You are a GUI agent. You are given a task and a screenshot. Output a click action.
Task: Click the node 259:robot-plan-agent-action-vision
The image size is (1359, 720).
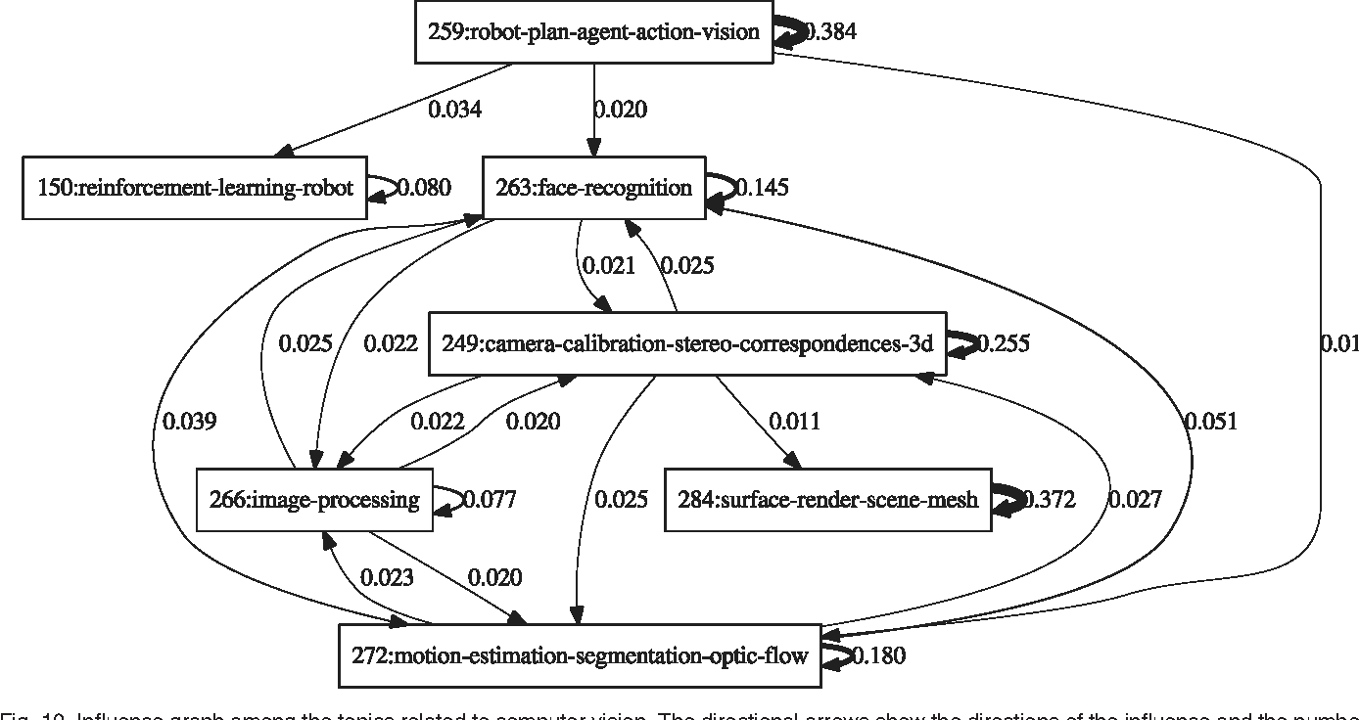click(x=593, y=32)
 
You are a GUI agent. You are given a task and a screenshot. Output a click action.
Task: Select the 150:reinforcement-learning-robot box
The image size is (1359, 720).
click(x=195, y=187)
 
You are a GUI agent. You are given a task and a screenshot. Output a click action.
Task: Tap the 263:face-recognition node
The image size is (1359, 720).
click(x=594, y=187)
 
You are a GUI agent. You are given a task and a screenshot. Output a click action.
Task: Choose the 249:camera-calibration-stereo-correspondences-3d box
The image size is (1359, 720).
click(x=687, y=343)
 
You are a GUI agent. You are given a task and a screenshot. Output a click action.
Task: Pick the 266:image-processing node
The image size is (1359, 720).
click(x=314, y=501)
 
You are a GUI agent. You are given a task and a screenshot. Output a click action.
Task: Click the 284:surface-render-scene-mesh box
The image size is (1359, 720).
click(x=828, y=501)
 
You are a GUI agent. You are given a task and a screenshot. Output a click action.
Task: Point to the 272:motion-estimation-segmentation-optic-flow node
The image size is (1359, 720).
click(x=581, y=656)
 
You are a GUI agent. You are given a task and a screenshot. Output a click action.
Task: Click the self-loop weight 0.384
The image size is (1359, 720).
click(x=831, y=32)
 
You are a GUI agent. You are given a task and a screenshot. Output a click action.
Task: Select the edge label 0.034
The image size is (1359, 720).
click(x=455, y=110)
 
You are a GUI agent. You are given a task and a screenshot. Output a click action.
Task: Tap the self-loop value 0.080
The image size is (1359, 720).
click(x=422, y=187)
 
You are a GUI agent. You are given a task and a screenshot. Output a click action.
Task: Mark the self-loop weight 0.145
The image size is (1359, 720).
click(x=762, y=187)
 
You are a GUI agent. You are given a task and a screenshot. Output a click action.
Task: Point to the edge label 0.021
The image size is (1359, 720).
click(x=609, y=265)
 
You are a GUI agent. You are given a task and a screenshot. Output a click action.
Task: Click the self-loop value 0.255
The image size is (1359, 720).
click(x=1004, y=343)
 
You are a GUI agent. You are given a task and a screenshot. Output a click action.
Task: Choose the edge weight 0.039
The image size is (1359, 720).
click(x=190, y=422)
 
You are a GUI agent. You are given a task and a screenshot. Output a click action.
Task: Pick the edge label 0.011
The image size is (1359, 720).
click(x=794, y=422)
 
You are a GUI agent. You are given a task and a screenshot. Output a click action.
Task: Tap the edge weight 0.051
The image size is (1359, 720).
click(x=1211, y=422)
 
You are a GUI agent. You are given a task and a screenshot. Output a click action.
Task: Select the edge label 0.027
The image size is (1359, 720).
click(x=1135, y=500)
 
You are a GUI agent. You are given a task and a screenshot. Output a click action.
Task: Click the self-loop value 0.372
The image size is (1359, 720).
click(x=1050, y=501)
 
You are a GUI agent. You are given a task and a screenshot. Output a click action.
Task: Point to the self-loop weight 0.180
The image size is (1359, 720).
click(x=879, y=656)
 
